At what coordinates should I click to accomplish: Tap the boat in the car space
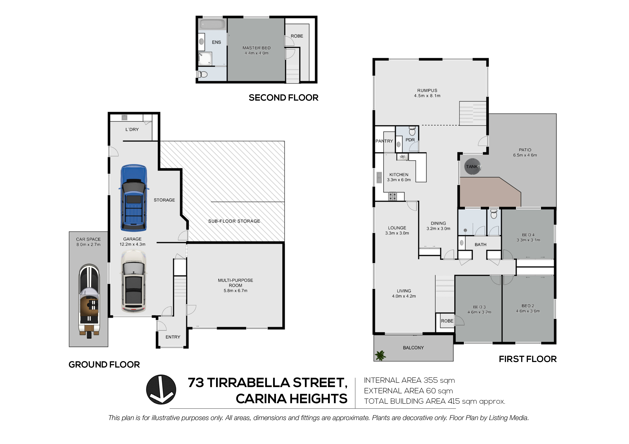(x=89, y=301)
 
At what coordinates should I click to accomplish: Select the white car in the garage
(x=133, y=281)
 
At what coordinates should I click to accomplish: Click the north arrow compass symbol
(x=161, y=390)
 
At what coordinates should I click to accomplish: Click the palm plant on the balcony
(x=380, y=355)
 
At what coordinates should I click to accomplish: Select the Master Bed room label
(x=256, y=48)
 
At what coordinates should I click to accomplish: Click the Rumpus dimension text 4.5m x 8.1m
(x=427, y=96)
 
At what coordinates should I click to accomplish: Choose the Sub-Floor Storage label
(x=234, y=221)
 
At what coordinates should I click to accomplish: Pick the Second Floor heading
(x=283, y=98)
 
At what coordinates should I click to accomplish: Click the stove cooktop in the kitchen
(x=392, y=196)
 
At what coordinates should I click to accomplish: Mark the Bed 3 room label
(x=479, y=307)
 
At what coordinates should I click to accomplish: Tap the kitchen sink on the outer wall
(x=379, y=178)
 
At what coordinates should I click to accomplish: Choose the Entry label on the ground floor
(x=173, y=337)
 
